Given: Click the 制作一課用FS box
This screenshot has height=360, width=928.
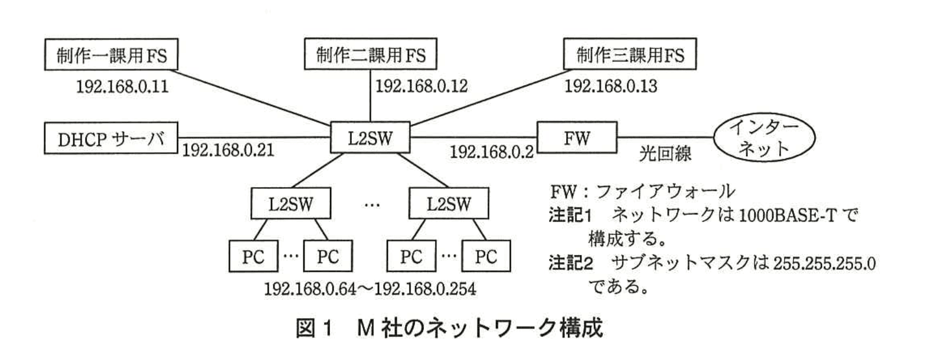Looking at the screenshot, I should point(111,55).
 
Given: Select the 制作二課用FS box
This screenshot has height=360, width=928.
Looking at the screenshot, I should point(370,55).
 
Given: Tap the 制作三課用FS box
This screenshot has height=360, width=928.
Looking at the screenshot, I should point(630,55).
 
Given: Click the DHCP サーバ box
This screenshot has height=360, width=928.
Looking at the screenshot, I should point(111,139).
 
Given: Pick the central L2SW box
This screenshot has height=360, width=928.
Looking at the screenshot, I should point(370,139).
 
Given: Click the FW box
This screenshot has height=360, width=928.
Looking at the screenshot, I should point(576,139).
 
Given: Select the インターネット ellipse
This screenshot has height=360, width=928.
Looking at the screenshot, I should point(764,139).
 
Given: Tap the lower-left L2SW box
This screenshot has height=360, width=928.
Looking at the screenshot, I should point(290,204).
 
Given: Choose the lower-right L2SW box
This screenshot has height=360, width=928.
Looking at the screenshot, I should point(449,204).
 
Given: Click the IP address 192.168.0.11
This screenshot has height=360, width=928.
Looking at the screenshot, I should point(122,87).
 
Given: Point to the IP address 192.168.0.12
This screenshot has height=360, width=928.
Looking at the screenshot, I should point(421,87).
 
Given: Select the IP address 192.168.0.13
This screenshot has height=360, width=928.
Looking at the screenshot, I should point(610,87).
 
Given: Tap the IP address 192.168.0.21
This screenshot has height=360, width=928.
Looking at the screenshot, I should point(228,150).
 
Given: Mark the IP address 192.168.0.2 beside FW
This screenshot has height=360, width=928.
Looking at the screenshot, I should point(491,152).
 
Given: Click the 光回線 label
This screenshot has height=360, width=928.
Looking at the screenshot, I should point(665,155).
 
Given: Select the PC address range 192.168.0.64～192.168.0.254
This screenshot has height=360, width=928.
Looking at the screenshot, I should point(370,289).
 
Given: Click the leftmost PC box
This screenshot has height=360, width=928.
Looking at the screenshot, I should point(253,256).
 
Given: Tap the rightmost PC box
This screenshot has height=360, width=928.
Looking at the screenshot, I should point(486,256).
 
